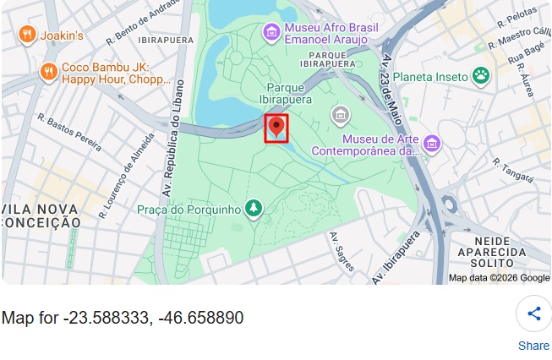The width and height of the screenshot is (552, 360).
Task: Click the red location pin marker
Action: (276, 128)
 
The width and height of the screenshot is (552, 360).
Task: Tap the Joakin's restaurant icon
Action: (27, 35)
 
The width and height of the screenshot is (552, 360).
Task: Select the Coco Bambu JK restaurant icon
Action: (48, 72)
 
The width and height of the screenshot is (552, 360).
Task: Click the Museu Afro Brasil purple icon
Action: (271, 32)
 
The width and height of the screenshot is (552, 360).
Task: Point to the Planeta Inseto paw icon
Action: (481, 76)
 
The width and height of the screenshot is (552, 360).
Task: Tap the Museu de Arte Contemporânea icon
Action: (432, 144)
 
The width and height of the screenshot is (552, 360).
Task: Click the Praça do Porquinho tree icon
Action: (254, 208)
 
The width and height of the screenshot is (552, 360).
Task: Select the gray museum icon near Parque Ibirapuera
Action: (341, 114)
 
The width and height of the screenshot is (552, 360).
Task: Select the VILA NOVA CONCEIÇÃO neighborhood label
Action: (41, 215)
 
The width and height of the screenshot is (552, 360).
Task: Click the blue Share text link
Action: (533, 345)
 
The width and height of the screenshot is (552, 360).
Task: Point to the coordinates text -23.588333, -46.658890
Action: (123, 318)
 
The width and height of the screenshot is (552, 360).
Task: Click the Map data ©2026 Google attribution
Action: (499, 277)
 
